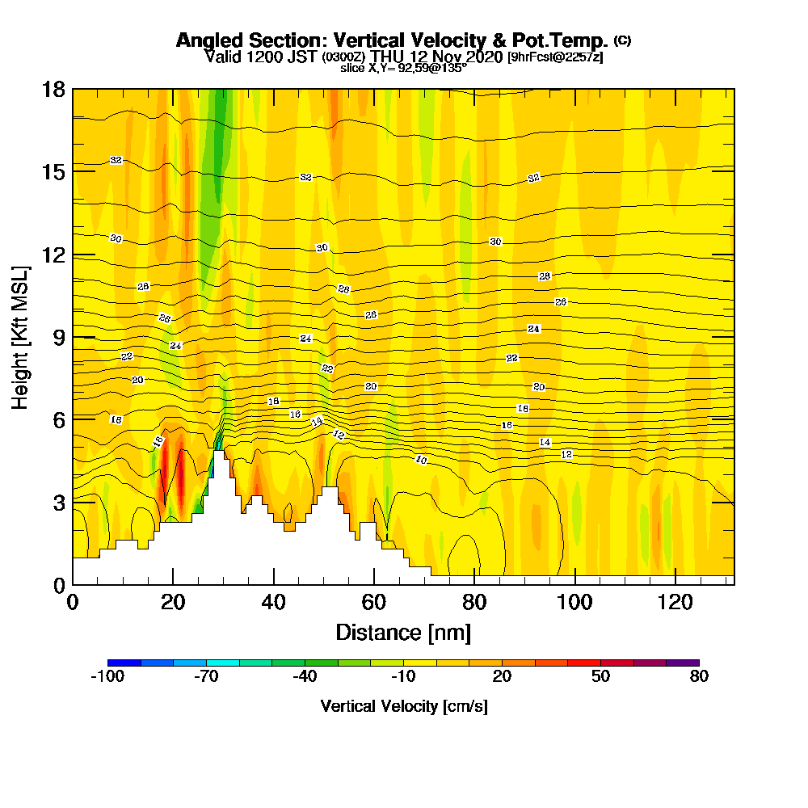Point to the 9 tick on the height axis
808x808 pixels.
pos(73,336)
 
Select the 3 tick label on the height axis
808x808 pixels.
pos(58,502)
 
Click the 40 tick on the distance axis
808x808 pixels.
pos(274,583)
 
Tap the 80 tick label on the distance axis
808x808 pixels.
pos(474,602)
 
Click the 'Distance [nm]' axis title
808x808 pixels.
pos(403,632)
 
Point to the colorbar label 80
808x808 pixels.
pos(699,677)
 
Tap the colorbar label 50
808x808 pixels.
pos(600,677)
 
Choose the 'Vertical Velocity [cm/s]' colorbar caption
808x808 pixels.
pos(403,706)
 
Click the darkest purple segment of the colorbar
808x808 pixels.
pos(682,663)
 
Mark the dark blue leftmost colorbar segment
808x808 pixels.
pos(124,663)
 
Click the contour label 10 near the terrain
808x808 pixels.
pos(421,460)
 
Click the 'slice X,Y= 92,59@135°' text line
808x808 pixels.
pos(403,69)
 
